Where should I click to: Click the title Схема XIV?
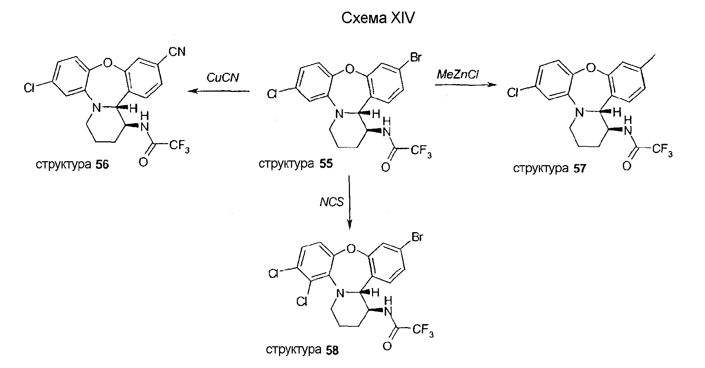coord(377,18)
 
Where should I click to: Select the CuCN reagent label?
coord(223,78)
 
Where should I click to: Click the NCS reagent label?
coord(332,202)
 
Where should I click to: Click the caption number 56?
coord(102,165)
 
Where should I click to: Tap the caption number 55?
coord(326,164)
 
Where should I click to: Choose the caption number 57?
coord(579,169)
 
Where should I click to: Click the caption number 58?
coord(332,350)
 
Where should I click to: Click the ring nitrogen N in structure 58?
coord(339,294)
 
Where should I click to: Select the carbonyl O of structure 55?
coord(386,167)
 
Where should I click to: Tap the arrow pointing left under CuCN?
coord(219,91)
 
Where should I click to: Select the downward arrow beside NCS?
coord(349,202)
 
